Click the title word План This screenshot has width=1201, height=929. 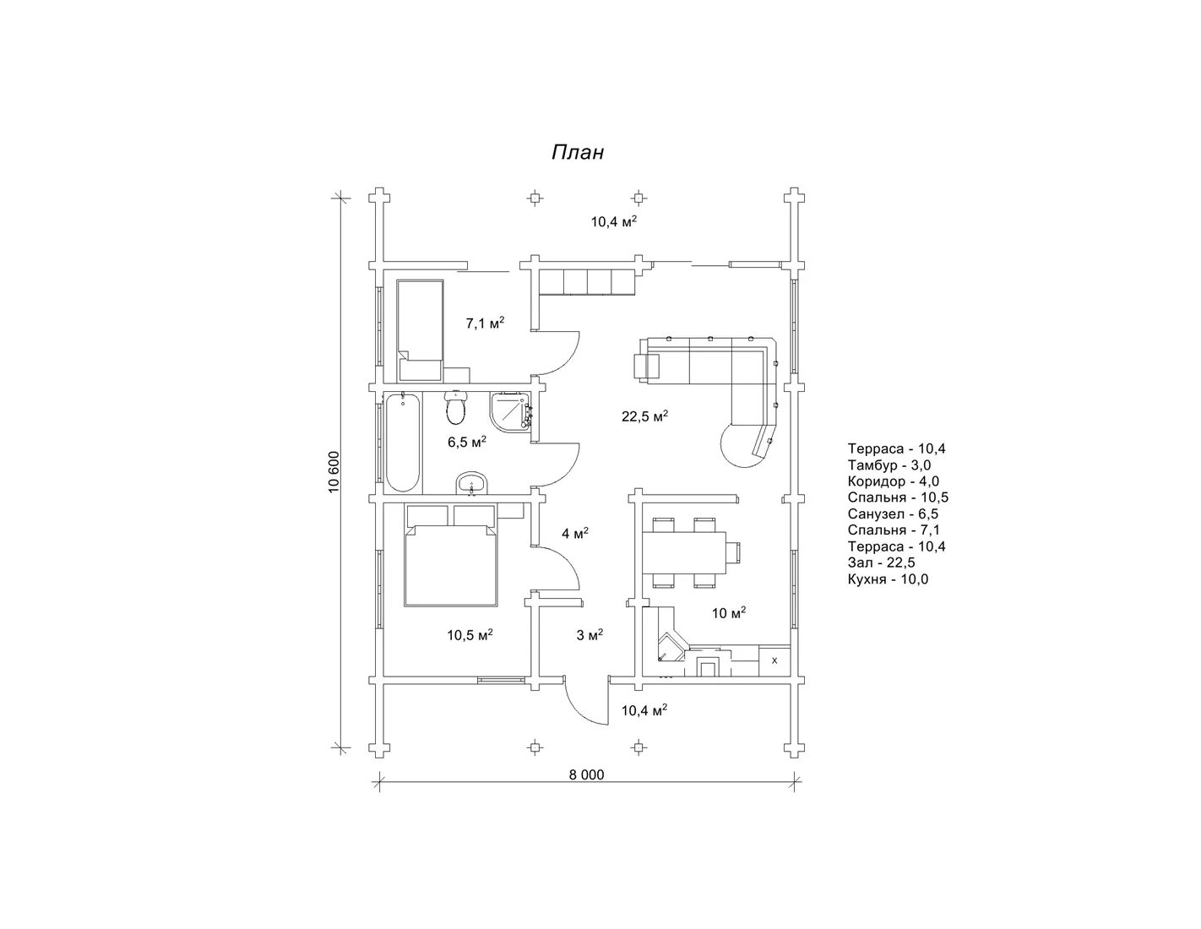[x=578, y=152]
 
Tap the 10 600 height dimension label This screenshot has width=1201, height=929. [x=334, y=472]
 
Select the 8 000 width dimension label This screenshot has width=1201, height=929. [x=586, y=774]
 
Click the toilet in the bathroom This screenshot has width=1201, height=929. [x=456, y=407]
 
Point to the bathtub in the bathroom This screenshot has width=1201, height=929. [x=403, y=442]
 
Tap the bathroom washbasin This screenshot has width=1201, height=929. [x=471, y=484]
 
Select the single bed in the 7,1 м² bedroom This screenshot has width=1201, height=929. [x=421, y=330]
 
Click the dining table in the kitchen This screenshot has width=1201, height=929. [x=683, y=552]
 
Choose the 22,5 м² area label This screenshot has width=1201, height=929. [x=644, y=416]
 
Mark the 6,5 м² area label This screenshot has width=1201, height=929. [x=467, y=442]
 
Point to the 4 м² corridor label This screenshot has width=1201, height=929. [x=575, y=533]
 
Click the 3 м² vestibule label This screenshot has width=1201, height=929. [x=590, y=635]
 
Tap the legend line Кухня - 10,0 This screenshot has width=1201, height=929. [x=889, y=579]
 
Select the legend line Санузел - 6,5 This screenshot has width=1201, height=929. [x=894, y=513]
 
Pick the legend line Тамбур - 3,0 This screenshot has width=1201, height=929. [x=889, y=465]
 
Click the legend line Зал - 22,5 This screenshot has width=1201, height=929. [x=882, y=562]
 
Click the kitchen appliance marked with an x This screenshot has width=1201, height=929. [x=774, y=660]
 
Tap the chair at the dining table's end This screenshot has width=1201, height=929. [x=733, y=553]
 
